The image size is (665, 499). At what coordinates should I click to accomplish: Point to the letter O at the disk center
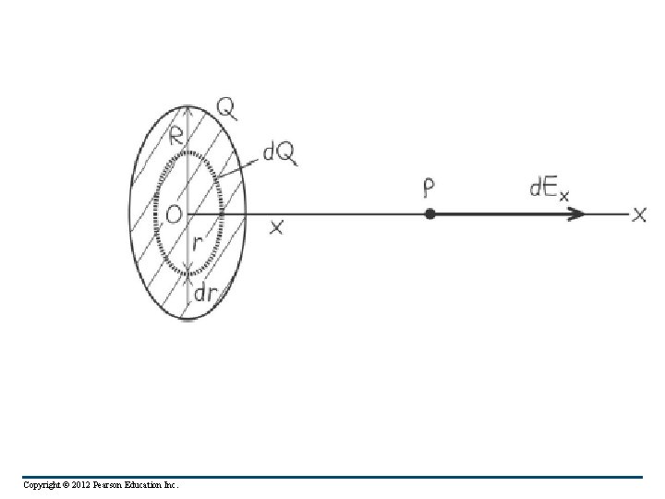click(173, 215)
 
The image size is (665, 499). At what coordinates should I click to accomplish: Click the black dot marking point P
click(430, 214)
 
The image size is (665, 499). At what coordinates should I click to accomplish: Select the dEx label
click(548, 189)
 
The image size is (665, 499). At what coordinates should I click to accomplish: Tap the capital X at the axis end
click(639, 214)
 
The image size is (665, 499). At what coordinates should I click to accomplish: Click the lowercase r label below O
click(197, 243)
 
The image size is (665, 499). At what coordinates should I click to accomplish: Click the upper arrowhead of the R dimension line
click(187, 110)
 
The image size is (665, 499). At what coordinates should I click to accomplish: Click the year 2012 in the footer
click(90, 484)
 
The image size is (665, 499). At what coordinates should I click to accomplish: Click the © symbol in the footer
click(70, 484)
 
